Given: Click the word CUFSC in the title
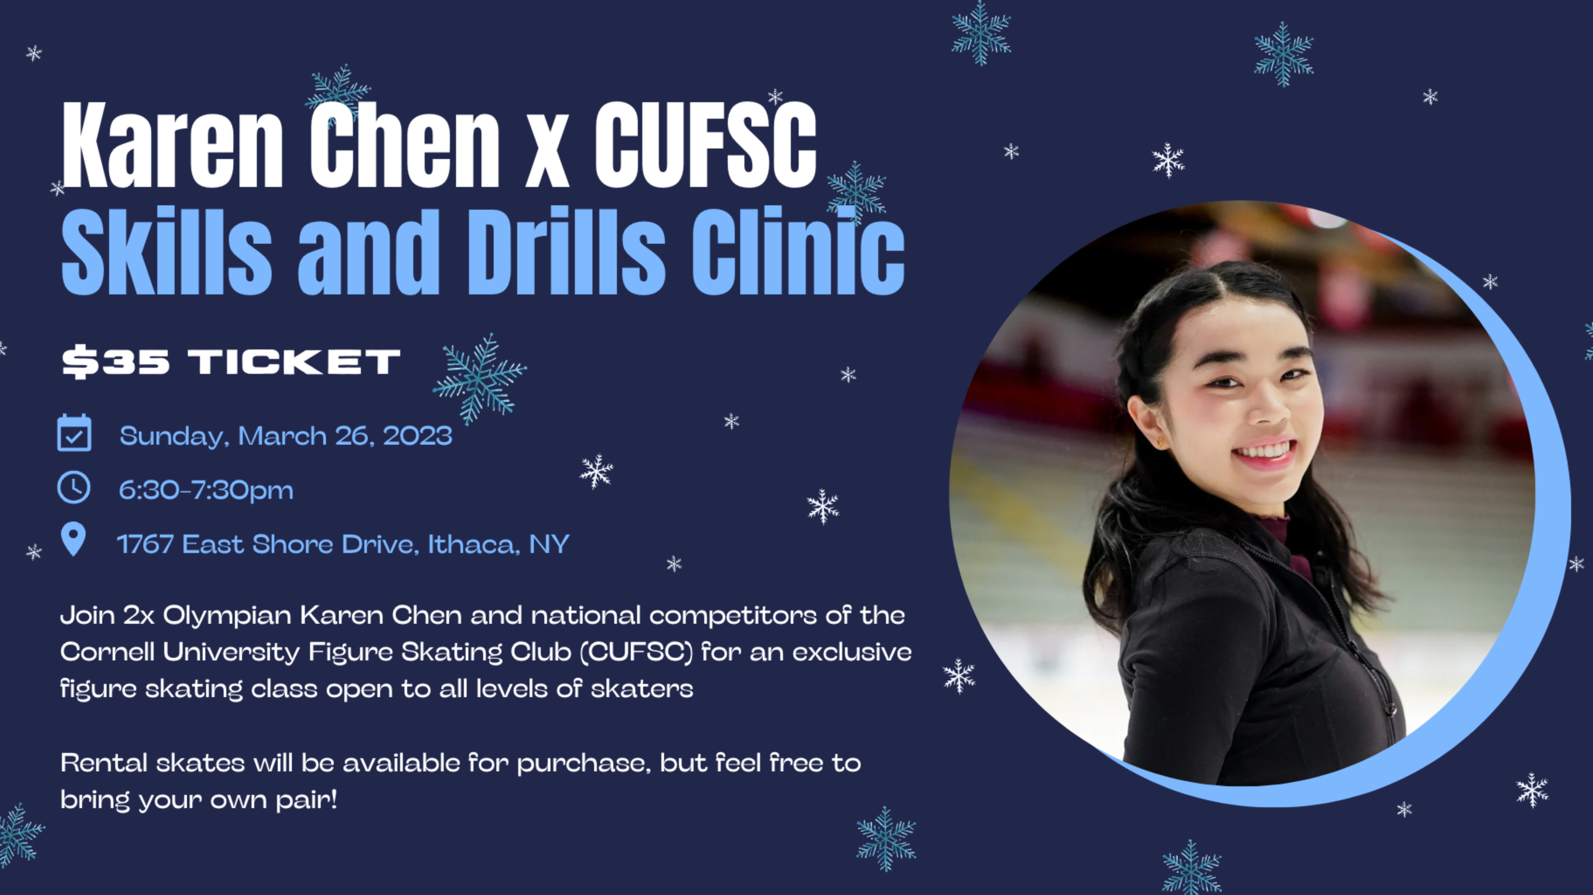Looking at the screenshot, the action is click(x=706, y=145).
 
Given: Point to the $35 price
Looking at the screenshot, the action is click(x=116, y=362).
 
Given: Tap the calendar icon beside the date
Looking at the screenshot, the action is click(x=74, y=433).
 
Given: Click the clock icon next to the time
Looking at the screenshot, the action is click(x=73, y=487).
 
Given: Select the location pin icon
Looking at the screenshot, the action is click(x=73, y=539).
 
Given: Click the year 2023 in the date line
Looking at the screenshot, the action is click(x=417, y=436).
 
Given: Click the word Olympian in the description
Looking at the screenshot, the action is click(x=227, y=615).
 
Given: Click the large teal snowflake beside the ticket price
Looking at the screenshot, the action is click(x=479, y=378).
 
